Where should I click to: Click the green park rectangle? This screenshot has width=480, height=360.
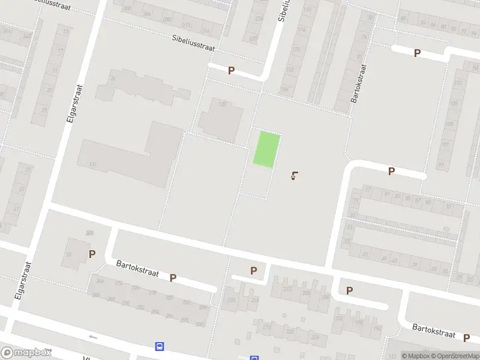266,149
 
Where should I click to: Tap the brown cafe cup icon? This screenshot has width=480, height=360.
294,176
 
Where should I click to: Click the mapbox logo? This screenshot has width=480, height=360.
26,353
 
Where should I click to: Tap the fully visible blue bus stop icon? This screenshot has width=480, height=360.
160,346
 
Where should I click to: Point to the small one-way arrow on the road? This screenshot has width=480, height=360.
92,337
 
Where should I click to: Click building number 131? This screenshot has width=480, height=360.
92,164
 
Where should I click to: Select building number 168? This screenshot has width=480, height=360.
223,104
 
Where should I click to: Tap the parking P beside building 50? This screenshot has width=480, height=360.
92,254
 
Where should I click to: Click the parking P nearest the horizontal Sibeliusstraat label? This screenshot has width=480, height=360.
231,70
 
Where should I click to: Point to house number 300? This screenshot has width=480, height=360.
199,324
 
